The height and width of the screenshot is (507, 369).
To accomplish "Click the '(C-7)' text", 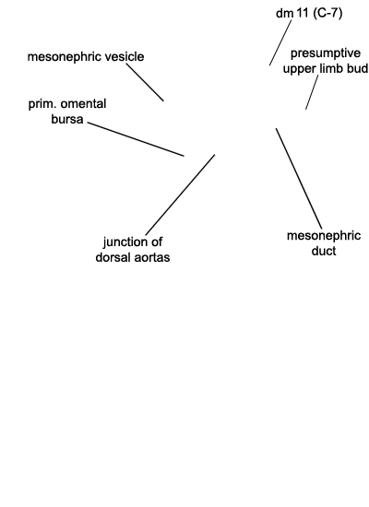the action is pyautogui.click(x=327, y=13).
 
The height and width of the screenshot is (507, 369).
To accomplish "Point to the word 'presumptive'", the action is pyautogui.click(x=326, y=53).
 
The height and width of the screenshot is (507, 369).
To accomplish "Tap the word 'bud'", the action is pyautogui.click(x=358, y=68).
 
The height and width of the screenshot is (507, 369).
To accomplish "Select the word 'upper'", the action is pyautogui.click(x=300, y=69).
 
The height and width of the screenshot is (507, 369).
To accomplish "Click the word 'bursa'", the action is pyautogui.click(x=67, y=119).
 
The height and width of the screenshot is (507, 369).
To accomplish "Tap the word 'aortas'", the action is pyautogui.click(x=153, y=258).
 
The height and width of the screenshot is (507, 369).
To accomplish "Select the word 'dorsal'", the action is pyautogui.click(x=114, y=257).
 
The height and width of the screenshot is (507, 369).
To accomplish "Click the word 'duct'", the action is pyautogui.click(x=324, y=251).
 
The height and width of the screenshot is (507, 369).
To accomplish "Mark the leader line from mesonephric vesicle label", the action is pyautogui.click(x=145, y=82).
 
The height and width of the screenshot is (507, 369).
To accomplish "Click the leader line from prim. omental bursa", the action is pyautogui.click(x=136, y=139).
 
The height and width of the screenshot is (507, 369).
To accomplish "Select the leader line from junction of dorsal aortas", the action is pyautogui.click(x=180, y=195).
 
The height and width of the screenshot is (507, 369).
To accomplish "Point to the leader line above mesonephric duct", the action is pyautogui.click(x=299, y=179).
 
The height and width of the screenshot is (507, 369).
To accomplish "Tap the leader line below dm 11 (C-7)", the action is pyautogui.click(x=280, y=42).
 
